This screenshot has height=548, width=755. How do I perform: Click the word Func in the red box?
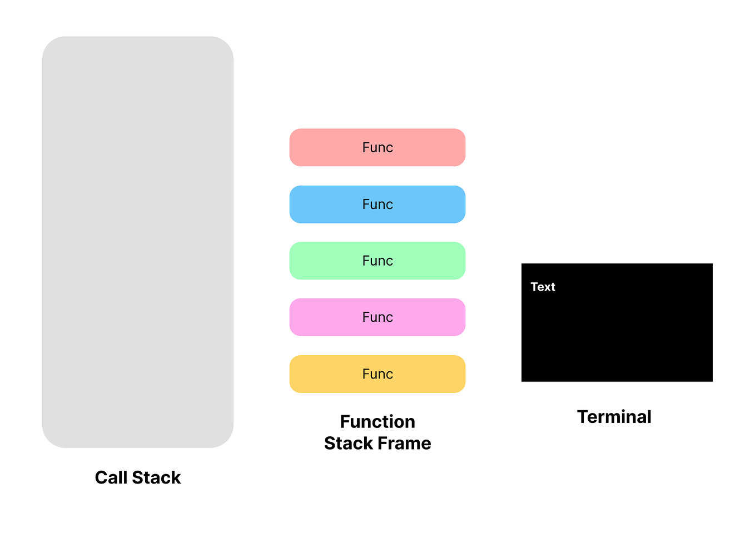point(377,148)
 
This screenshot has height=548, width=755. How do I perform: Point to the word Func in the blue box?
point(377,205)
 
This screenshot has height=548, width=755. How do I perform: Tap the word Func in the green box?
point(377,261)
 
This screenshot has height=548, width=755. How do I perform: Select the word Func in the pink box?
point(377,317)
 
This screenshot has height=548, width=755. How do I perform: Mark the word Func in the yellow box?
point(377,374)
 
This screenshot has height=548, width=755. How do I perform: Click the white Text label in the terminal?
point(543,287)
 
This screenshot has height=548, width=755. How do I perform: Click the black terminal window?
point(617,333)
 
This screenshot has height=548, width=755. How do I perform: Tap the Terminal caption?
point(614,417)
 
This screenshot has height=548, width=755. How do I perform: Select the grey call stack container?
point(138,242)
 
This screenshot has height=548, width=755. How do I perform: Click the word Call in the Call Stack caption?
point(111,477)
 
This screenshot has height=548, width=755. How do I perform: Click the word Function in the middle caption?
point(377,422)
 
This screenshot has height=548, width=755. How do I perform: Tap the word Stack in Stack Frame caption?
point(349,444)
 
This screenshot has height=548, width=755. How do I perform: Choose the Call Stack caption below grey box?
point(138,477)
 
